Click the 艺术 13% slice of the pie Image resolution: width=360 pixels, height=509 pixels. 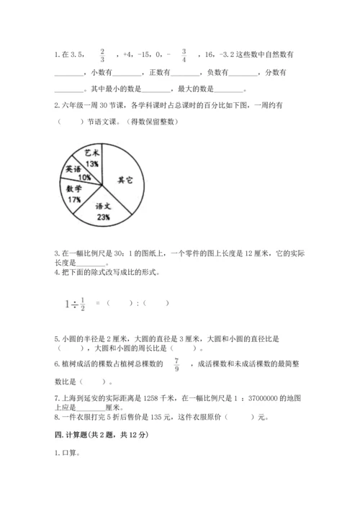(x=91, y=158)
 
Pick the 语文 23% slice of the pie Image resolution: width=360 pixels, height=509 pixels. (x=102, y=209)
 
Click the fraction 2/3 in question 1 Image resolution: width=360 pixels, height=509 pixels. (x=102, y=55)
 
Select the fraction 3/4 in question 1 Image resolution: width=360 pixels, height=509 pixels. (x=184, y=55)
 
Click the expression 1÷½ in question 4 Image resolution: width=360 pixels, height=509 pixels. (x=76, y=304)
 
